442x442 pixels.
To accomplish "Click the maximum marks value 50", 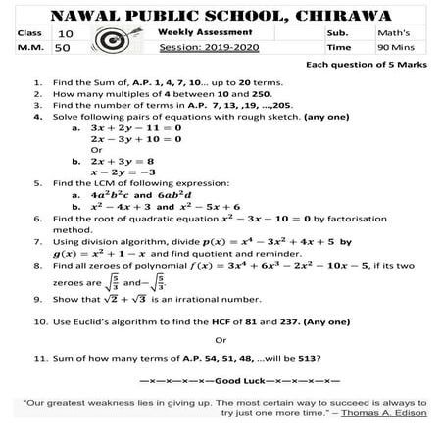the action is (63, 47).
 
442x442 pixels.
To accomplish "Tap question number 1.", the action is (36, 85).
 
